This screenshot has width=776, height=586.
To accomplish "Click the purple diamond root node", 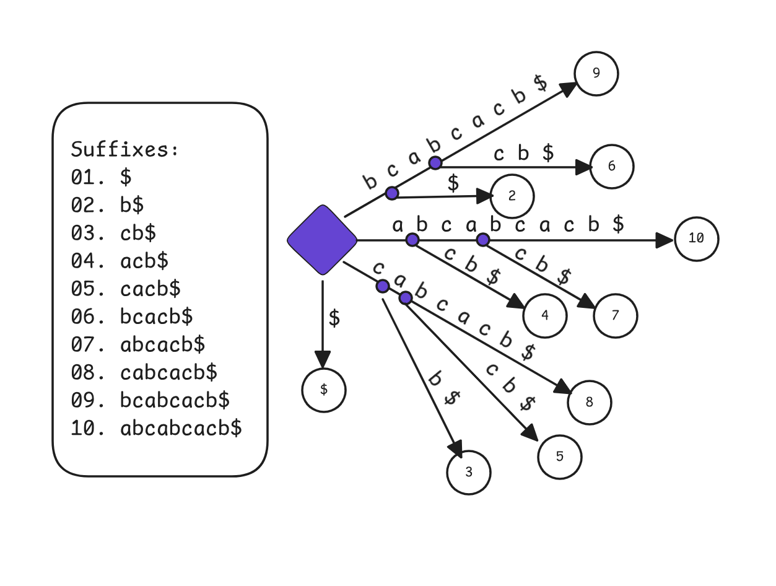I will (x=323, y=240).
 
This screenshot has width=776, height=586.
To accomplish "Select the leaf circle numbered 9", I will (x=596, y=74).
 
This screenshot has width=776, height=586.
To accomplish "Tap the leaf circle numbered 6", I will (x=611, y=167).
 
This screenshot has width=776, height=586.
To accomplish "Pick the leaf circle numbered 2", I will (x=512, y=196).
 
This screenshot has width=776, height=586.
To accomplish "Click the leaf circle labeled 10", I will (x=696, y=238).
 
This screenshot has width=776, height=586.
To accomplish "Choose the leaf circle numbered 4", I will (x=544, y=315).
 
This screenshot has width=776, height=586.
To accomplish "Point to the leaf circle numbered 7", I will (x=615, y=316).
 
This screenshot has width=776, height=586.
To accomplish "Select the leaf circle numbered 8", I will (x=589, y=403).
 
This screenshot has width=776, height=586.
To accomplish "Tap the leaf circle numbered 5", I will (x=559, y=457).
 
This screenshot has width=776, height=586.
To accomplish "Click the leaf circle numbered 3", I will (x=468, y=473).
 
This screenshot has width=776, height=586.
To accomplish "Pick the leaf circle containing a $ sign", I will (x=323, y=390).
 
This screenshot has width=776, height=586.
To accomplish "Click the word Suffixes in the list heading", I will (x=124, y=150).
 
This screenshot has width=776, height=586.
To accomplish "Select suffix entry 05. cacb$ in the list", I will (x=126, y=289).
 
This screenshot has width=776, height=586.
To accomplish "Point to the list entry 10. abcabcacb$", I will (x=156, y=428).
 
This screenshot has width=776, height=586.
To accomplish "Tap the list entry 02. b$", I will (x=107, y=205).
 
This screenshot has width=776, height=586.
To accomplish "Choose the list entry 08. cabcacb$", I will (x=144, y=372).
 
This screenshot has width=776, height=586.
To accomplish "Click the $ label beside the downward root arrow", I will (x=334, y=318).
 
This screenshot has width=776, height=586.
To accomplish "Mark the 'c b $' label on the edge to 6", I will (x=523, y=154).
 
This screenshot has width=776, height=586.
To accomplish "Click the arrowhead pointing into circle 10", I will (x=665, y=240).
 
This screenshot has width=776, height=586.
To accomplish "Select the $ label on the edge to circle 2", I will (x=453, y=183).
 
